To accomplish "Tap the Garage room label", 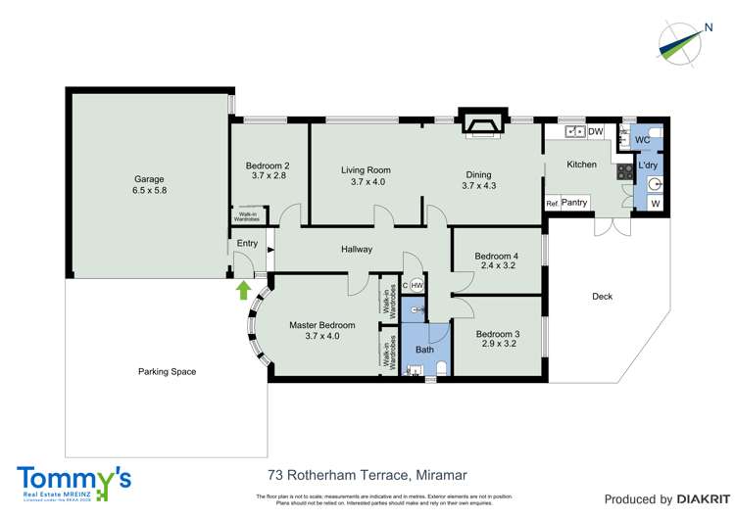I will pyautogui.click(x=149, y=180).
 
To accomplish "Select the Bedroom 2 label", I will pyautogui.click(x=267, y=165).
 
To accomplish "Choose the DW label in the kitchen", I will pyautogui.click(x=596, y=131).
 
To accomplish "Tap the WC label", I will pyautogui.click(x=643, y=141).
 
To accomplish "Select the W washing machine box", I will pyautogui.click(x=655, y=204).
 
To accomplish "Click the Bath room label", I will pyautogui.click(x=424, y=350).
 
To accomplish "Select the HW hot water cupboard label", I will pyautogui.click(x=416, y=285).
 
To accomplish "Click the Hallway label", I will pyautogui.click(x=357, y=250).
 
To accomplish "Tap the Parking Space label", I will pyautogui.click(x=167, y=371).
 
